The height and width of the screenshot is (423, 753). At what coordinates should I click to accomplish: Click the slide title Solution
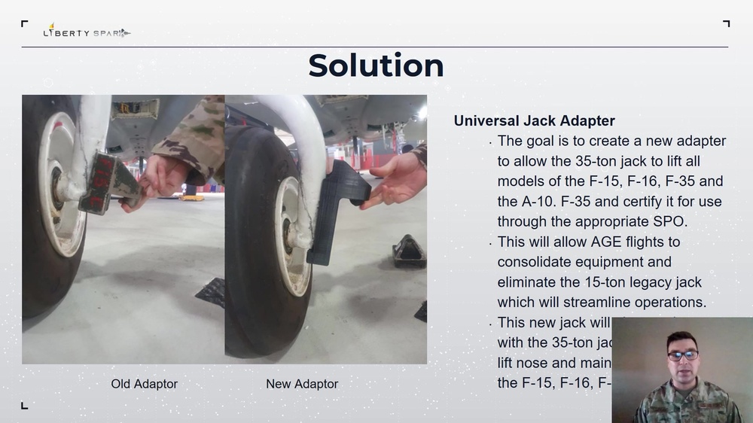point(376,65)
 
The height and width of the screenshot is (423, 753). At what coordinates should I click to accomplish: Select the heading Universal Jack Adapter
point(534,120)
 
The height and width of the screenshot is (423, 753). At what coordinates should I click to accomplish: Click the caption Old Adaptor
point(145,384)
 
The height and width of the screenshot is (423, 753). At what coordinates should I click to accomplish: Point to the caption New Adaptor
point(302,384)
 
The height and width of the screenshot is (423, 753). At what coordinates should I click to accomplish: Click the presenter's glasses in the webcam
point(682,354)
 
